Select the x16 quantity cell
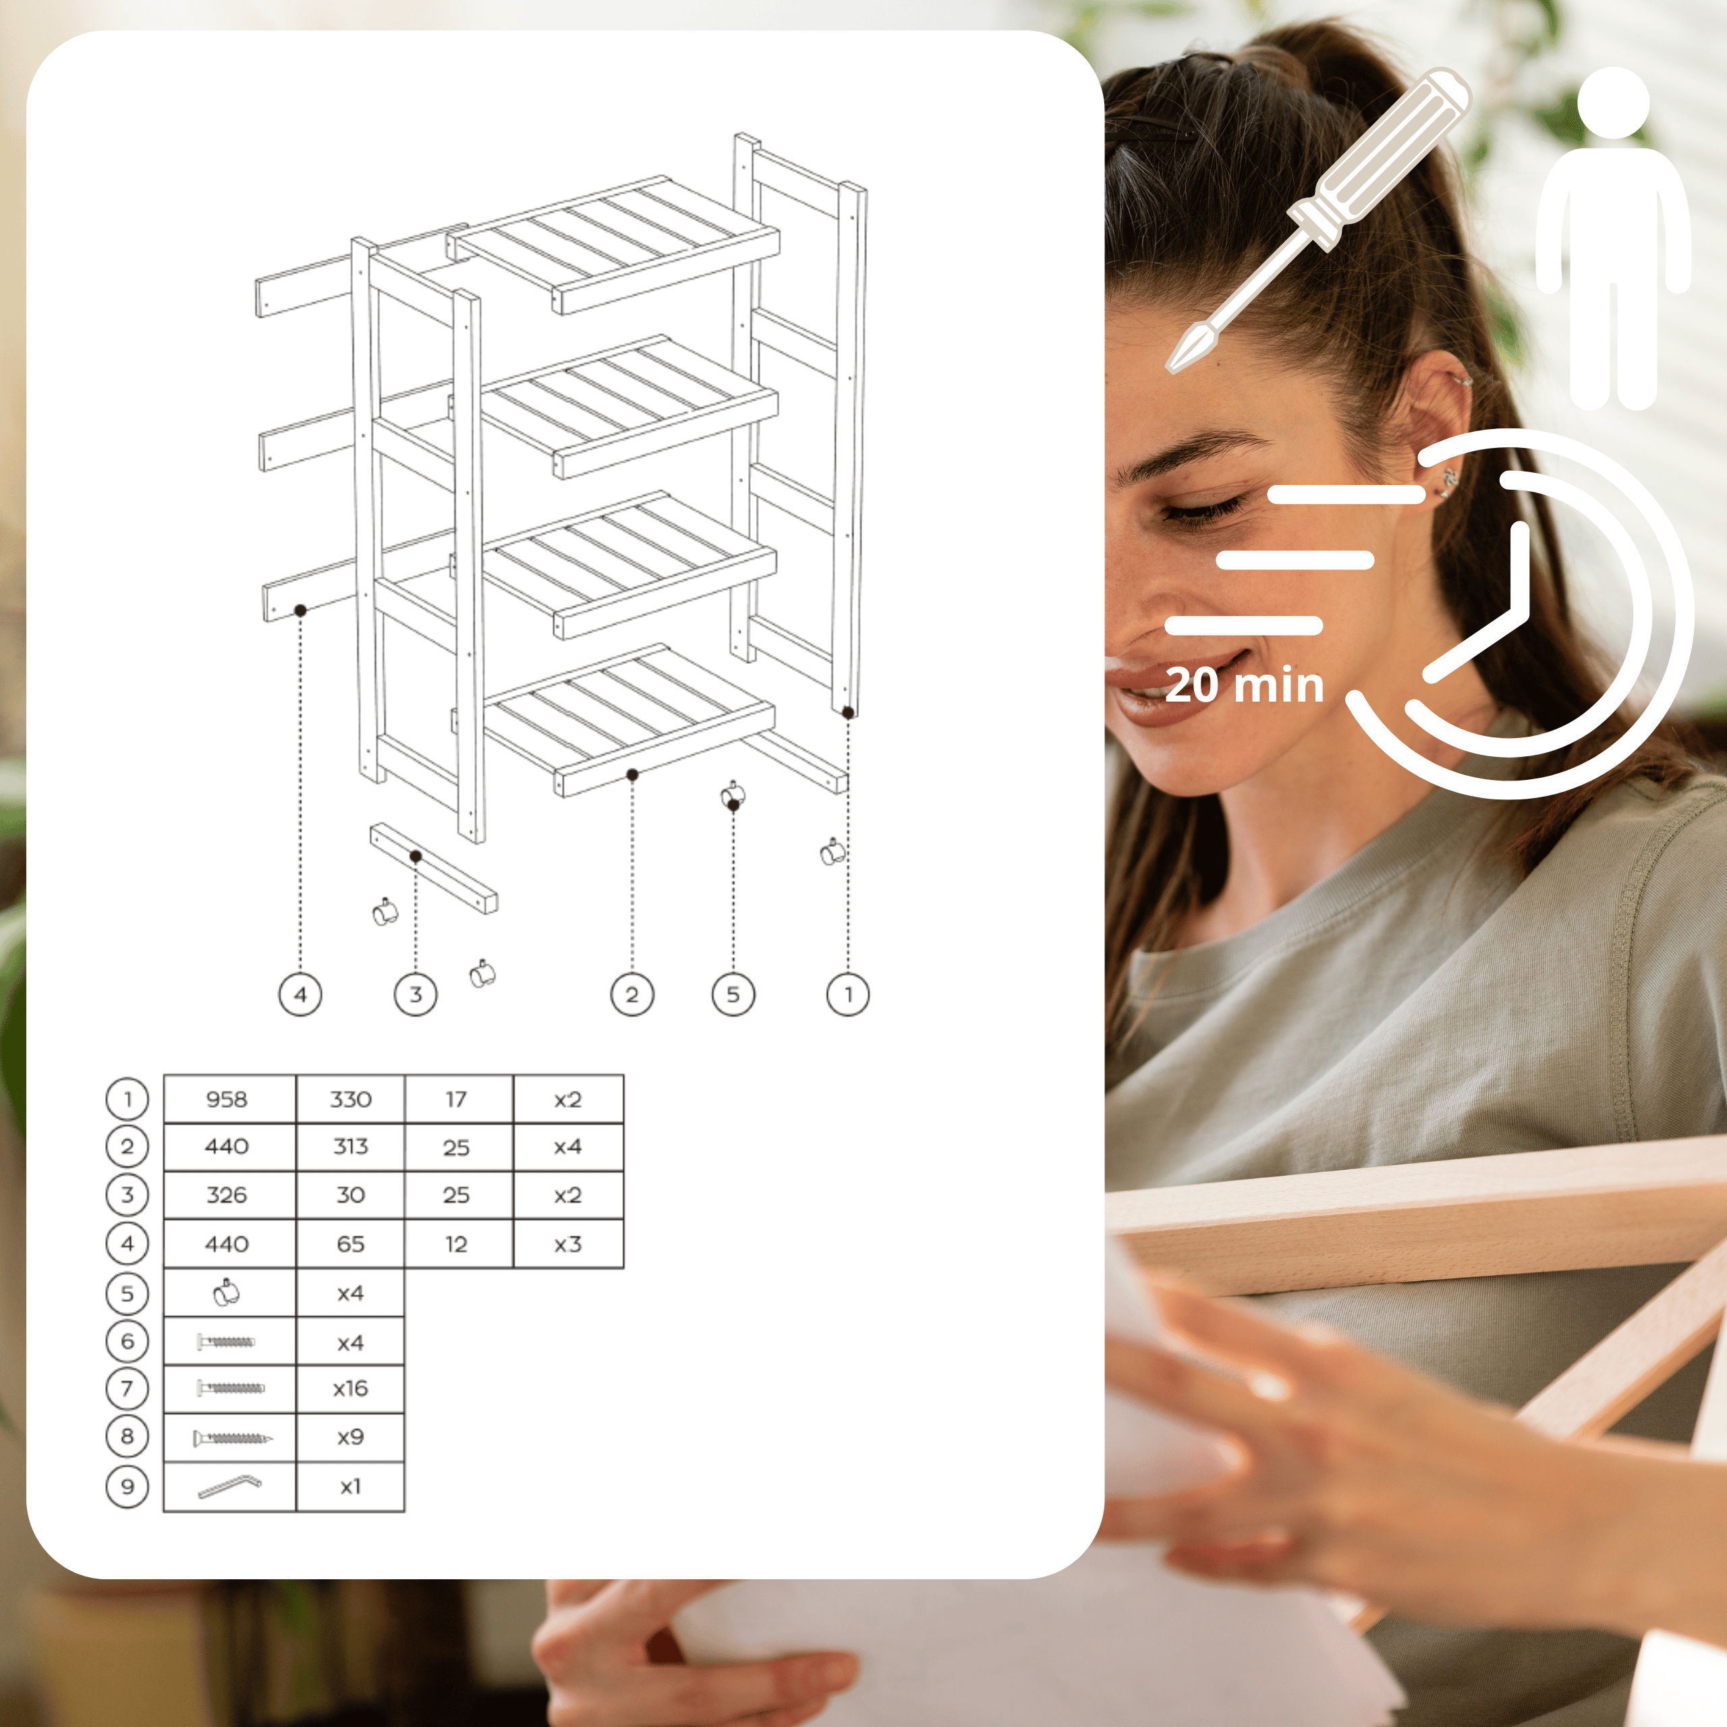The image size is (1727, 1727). pyautogui.click(x=350, y=1388)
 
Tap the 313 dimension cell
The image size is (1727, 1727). pyautogui.click(x=350, y=1147)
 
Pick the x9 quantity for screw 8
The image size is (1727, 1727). pyautogui.click(x=350, y=1436)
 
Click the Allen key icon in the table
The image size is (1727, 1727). pyautogui.click(x=229, y=1485)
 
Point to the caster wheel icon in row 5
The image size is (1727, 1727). pyautogui.click(x=227, y=1293)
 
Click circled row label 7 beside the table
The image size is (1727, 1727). pyautogui.click(x=127, y=1388)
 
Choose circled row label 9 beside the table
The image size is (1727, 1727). pyautogui.click(x=127, y=1485)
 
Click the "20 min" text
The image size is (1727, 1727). pyautogui.click(x=1244, y=685)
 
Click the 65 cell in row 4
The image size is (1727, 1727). pyautogui.click(x=350, y=1243)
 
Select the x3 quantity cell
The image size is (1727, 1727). pyautogui.click(x=567, y=1243)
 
